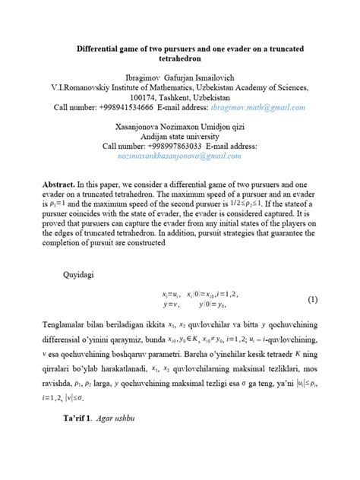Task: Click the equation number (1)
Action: tap(311, 298)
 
